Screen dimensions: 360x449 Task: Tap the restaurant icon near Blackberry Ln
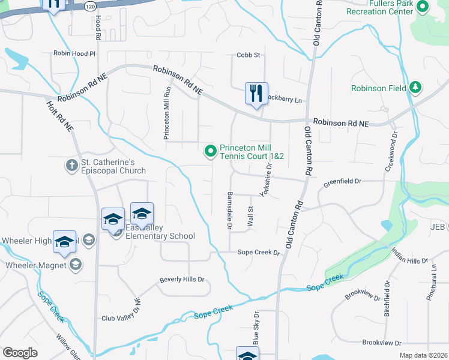coord(256,94)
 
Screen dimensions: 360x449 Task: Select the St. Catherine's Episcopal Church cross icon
coord(71,164)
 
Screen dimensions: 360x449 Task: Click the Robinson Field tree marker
coord(415,88)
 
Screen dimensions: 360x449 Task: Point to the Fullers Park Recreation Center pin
coord(422,7)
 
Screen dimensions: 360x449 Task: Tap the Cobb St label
coord(248,55)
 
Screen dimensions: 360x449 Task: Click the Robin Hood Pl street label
coord(74,53)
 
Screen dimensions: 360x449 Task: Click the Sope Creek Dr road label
coord(259,253)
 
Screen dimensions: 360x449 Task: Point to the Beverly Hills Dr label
coord(182,280)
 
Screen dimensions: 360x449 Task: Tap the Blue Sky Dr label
coord(256,327)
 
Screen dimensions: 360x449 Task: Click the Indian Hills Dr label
coord(410,256)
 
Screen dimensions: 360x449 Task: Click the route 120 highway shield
coord(89,6)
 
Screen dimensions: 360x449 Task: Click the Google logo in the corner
coord(20,353)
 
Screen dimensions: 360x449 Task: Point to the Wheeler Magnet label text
coord(35,265)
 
